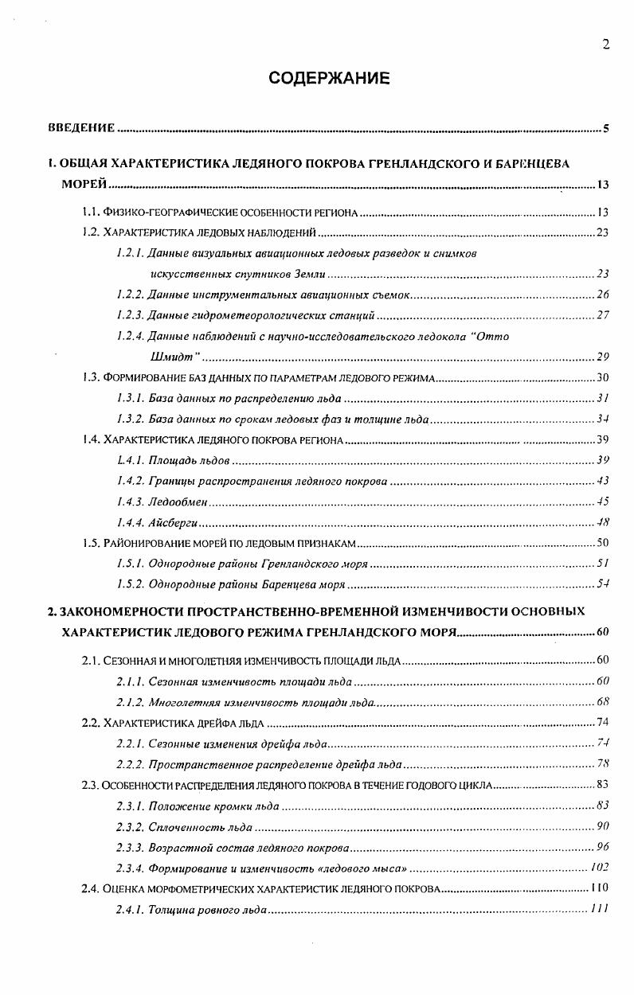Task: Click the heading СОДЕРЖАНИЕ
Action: coord(329,78)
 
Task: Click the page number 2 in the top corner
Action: coord(606,45)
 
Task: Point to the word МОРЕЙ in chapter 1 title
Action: coord(84,185)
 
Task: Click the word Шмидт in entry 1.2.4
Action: coord(169,356)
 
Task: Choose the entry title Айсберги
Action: coord(173,522)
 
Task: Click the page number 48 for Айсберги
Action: coord(603,522)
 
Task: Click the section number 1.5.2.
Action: coord(130,583)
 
